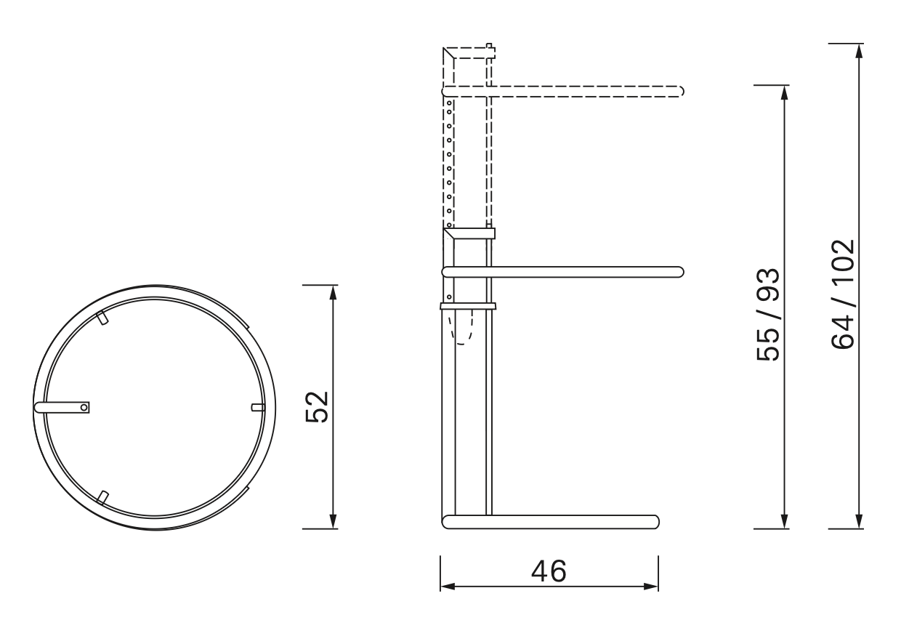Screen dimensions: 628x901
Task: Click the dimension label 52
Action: coord(316,406)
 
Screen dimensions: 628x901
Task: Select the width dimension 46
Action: coord(548,572)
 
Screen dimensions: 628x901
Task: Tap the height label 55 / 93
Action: coord(768,314)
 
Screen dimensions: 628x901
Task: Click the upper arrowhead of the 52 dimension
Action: coord(333,291)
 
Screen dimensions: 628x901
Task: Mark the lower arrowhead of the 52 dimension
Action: coord(333,522)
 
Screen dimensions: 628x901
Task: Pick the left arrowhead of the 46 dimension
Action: coord(447,586)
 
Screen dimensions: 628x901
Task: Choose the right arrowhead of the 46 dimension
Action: coord(652,586)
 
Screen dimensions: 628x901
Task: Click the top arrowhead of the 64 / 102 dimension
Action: coord(860,50)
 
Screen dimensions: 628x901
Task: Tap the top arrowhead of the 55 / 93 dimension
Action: coord(783,92)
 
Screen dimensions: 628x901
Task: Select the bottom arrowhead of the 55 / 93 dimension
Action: coord(783,522)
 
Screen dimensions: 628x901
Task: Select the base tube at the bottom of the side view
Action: coord(552,521)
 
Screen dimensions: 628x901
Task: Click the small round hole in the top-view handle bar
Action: coord(84,408)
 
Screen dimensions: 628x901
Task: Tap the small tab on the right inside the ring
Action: coord(255,407)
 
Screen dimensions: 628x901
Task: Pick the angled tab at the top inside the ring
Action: coord(102,318)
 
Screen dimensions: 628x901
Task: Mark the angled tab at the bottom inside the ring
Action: coord(102,497)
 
